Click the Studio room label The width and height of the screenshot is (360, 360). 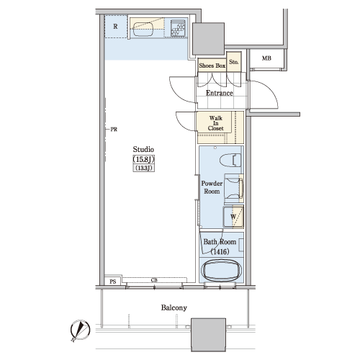coord(143,149)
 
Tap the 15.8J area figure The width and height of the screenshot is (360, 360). coord(143,159)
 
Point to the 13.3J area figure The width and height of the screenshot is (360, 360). coord(144,168)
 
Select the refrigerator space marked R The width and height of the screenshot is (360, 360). coord(116,27)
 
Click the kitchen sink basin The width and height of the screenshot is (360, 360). coord(143,30)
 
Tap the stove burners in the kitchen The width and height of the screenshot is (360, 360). coord(178,28)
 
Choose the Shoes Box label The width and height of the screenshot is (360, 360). coord(212,66)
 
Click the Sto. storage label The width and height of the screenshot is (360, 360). coord(234,62)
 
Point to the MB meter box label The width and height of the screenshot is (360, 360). coord(266,58)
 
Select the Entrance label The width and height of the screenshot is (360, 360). coord(220,93)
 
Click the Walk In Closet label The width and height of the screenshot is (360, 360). coord(215,123)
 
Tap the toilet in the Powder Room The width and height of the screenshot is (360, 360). coord(230,160)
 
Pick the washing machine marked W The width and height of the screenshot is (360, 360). coord(233,217)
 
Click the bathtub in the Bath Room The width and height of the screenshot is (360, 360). coord(221,271)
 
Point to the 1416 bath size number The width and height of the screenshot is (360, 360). coord(220,251)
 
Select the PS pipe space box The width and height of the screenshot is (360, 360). coord(113,281)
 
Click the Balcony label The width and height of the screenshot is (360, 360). coord(174,307)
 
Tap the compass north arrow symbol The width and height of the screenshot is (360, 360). coord(80,330)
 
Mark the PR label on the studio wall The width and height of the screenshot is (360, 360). coord(114,130)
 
